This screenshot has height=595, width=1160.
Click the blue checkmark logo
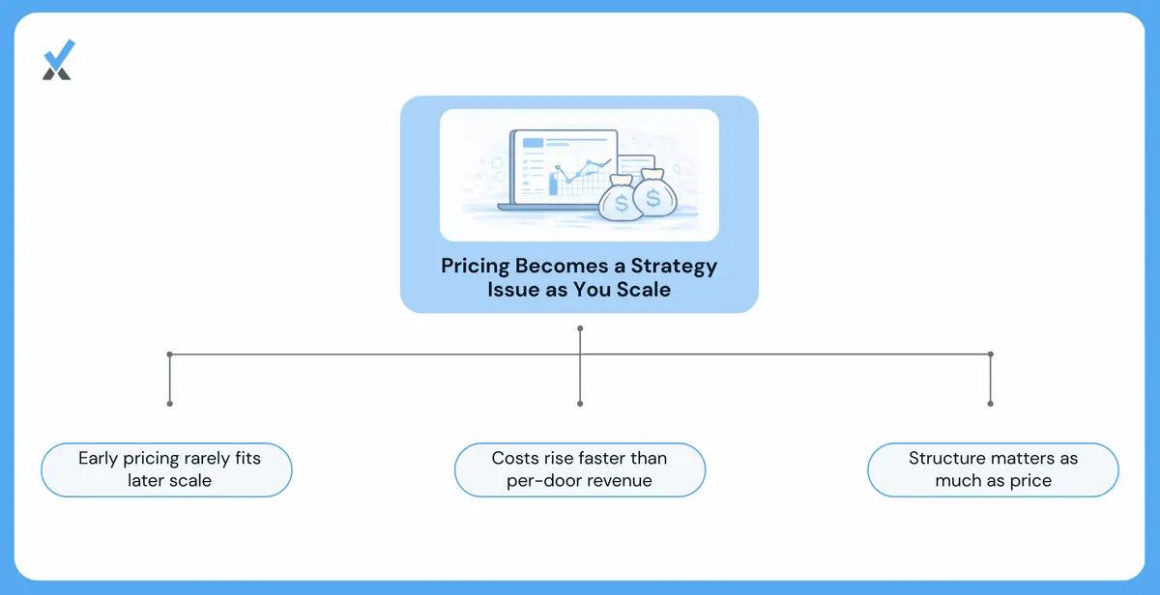click(59, 60)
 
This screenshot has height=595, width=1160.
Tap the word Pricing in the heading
click(475, 267)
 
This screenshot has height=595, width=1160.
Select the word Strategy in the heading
click(674, 267)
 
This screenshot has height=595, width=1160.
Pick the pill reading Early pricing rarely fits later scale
click(166, 469)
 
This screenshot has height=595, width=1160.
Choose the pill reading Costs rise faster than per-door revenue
click(580, 469)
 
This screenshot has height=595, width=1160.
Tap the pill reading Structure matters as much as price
click(994, 469)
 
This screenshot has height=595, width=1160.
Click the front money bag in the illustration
click(621, 199)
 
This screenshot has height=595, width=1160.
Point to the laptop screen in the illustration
click(565, 166)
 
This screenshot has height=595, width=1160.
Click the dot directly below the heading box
click(580, 328)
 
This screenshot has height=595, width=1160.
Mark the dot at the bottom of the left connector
click(170, 404)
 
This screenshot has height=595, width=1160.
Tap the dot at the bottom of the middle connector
click(580, 404)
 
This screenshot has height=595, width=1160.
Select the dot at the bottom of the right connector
click(990, 404)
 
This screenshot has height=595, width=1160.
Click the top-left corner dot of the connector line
click(170, 354)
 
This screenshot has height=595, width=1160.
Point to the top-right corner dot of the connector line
click(990, 354)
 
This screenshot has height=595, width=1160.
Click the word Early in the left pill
click(98, 459)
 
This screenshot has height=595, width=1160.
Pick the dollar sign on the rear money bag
click(653, 197)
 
